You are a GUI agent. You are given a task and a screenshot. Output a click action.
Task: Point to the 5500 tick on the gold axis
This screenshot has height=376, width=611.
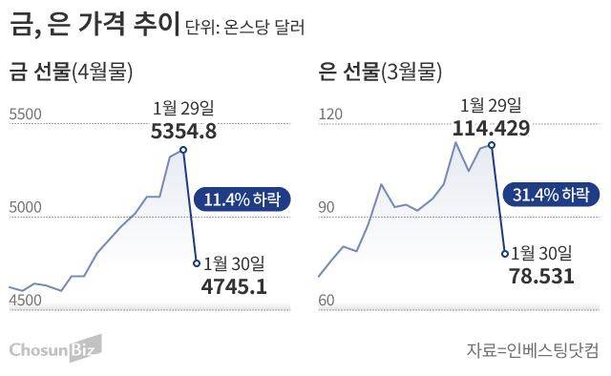(25, 115)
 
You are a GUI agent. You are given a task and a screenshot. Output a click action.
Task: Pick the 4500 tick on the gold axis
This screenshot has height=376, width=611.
(25, 301)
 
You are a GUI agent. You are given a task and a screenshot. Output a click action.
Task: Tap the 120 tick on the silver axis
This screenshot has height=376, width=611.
(329, 115)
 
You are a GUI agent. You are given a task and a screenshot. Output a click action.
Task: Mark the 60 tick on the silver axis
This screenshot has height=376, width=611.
(327, 301)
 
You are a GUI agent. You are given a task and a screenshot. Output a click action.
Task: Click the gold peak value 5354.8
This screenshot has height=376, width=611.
(184, 132)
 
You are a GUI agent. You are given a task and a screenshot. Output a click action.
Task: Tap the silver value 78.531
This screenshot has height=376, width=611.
(541, 276)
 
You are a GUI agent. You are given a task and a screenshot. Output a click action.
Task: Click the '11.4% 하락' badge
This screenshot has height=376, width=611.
(239, 199)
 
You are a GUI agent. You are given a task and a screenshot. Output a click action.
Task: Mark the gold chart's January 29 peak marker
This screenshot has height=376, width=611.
(182, 150)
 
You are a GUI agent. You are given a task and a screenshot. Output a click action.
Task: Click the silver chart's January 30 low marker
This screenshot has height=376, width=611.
(504, 253)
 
